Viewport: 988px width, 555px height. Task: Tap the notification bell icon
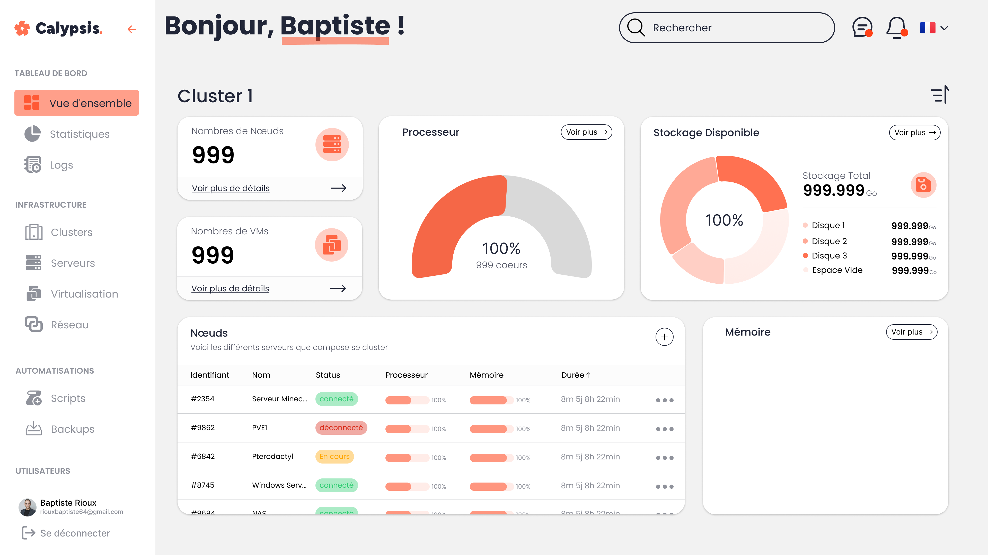pos(896,27)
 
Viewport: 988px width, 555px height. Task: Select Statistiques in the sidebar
pos(80,134)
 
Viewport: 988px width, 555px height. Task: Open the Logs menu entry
pos(61,165)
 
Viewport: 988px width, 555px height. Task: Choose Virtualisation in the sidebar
pos(84,294)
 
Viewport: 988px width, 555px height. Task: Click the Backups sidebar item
pos(73,429)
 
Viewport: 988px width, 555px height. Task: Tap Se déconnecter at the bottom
pos(75,533)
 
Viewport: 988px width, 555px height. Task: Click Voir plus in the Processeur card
pos(586,132)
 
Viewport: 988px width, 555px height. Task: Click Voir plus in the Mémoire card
pos(911,332)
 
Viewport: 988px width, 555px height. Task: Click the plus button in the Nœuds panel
pos(664,337)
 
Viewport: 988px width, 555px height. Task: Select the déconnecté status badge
pos(341,428)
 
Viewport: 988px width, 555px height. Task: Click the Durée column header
pos(575,375)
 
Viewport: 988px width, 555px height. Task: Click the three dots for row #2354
pos(664,400)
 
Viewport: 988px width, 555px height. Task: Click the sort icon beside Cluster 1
pos(940,95)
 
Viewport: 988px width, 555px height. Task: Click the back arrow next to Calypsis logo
pos(132,29)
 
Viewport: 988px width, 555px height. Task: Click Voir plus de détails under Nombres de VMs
pos(230,288)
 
